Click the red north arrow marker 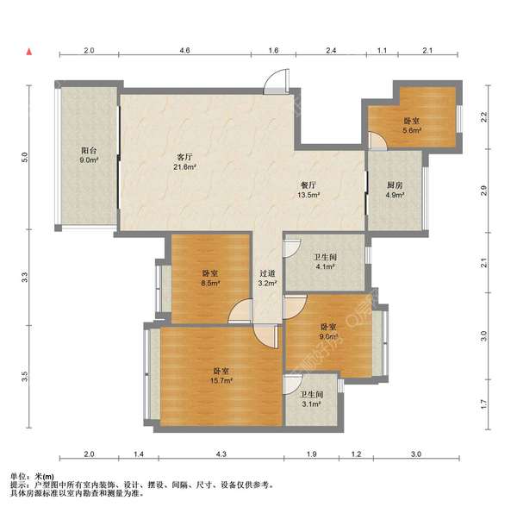click(29, 52)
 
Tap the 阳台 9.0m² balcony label click(89, 155)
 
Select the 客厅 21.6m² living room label click(184, 161)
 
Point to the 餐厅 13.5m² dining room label click(308, 190)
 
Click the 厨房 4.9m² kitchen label click(395, 190)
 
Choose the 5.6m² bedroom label click(412, 126)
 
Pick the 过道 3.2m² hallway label click(267, 278)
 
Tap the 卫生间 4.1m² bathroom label click(325, 261)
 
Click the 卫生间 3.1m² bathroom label click(311, 399)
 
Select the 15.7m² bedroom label click(221, 376)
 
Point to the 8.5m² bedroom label click(210, 278)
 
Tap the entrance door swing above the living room click(277, 82)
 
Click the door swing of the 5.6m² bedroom click(377, 141)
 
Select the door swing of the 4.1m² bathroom click(292, 247)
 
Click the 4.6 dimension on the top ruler click(184, 51)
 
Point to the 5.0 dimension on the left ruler click(25, 157)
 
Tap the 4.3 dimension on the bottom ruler click(221, 454)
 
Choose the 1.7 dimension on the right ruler click(483, 404)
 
